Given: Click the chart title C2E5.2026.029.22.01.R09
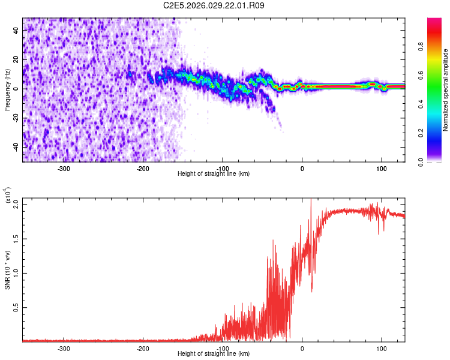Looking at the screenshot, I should [x=214, y=5].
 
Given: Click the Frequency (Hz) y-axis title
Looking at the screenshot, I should [x=7, y=89].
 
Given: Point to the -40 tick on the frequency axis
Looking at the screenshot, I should [x=16, y=147].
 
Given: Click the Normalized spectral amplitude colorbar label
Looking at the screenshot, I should [x=446, y=90].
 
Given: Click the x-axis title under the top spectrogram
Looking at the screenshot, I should [x=214, y=173].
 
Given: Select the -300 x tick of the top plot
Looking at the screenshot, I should [x=64, y=168].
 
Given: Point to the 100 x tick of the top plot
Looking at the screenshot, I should [x=382, y=168].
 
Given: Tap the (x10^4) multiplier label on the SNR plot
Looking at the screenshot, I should [x=8, y=196].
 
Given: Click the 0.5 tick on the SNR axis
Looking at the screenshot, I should [x=16, y=307].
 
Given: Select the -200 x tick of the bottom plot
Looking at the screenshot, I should [x=143, y=348].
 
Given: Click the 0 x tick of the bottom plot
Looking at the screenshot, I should [x=302, y=348].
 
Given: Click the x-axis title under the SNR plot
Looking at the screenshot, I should [x=214, y=353].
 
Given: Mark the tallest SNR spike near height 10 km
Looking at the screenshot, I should [x=311, y=200].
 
